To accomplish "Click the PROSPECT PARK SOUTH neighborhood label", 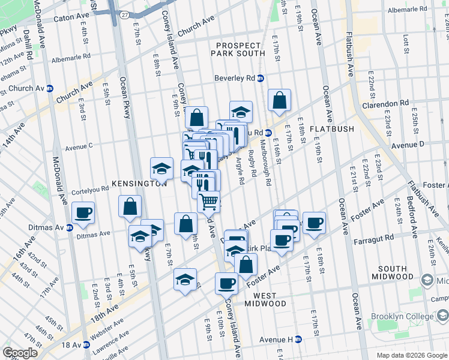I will pos(238,50).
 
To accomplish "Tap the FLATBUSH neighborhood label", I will pos(332,129).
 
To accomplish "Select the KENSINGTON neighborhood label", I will pos(139,184).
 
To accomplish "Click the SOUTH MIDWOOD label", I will pos(388,272).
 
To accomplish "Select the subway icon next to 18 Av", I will pos(87,345).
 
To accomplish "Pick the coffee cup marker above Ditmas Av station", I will pos(83,212).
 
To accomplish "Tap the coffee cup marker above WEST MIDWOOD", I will pos(226,282).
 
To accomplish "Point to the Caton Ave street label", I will pos(71,19).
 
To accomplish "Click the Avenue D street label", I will pos(408,145).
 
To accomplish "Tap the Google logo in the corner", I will pos(20,353).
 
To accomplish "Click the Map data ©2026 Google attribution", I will pos(412,355).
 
